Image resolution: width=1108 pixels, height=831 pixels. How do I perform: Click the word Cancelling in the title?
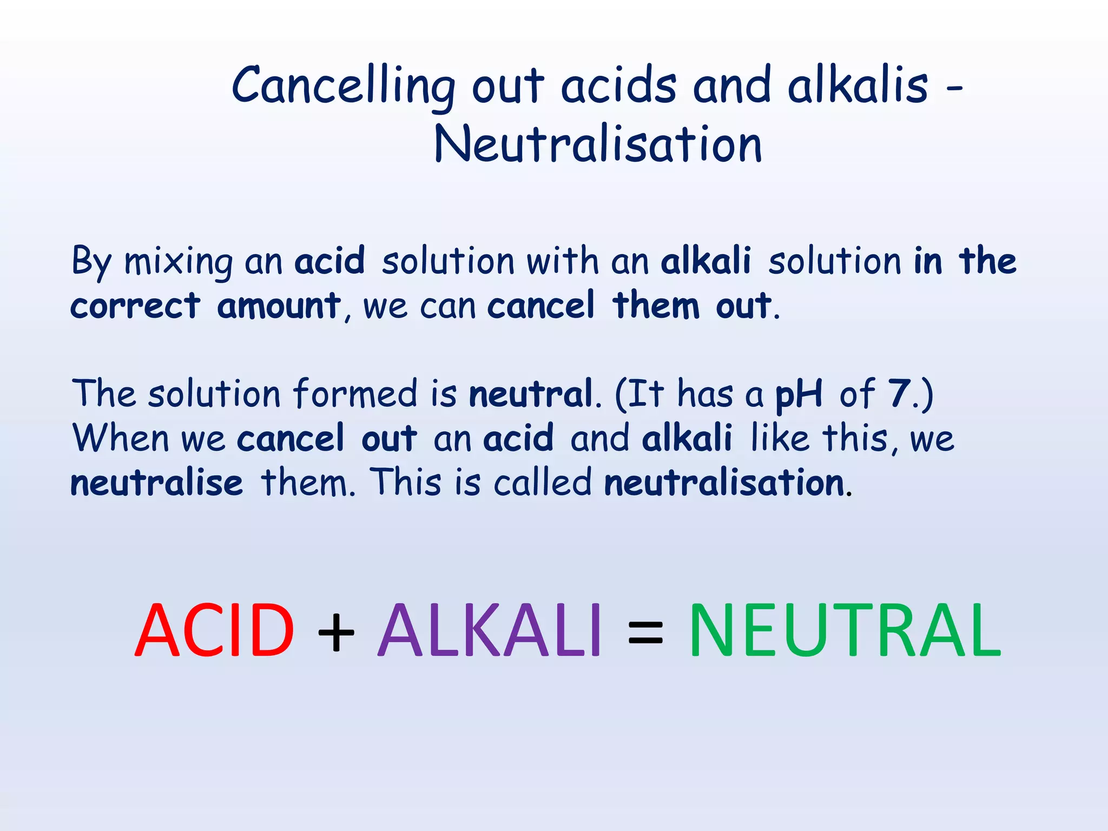coord(343,87)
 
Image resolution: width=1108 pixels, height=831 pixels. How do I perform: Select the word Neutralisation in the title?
coord(598,145)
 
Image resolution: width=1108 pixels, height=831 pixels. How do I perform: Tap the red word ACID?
coord(214,631)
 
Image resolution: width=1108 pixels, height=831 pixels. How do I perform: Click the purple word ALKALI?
coord(490,631)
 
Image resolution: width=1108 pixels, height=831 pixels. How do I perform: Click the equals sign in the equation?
coord(645,633)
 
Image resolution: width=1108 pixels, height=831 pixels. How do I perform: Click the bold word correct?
coord(135,306)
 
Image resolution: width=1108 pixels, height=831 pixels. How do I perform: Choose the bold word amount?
coord(279,306)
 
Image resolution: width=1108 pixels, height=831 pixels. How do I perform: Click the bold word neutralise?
coord(157,483)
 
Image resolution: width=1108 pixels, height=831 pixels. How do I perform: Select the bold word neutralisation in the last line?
coord(724,483)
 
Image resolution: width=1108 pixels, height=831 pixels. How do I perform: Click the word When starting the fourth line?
coord(121,438)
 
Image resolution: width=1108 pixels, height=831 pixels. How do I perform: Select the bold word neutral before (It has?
coord(531,394)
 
